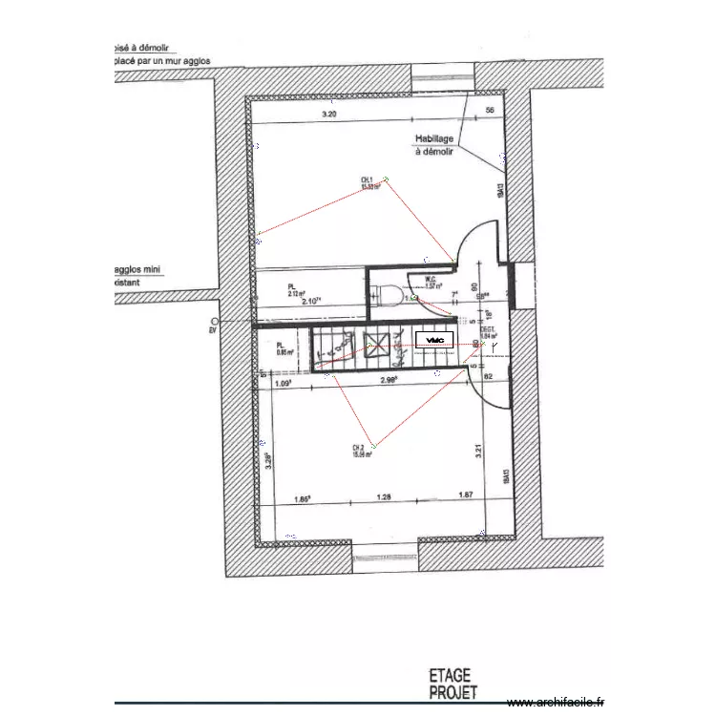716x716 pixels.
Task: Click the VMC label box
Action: [435, 340]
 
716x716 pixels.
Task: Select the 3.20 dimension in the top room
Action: [329, 115]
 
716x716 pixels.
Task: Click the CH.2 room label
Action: [361, 451]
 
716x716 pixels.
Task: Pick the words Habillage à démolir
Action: [434, 144]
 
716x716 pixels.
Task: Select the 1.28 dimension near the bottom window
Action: [385, 496]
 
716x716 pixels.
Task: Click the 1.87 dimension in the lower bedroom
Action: [467, 496]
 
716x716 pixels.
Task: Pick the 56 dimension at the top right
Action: [491, 112]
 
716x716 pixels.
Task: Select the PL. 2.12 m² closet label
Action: [295, 289]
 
